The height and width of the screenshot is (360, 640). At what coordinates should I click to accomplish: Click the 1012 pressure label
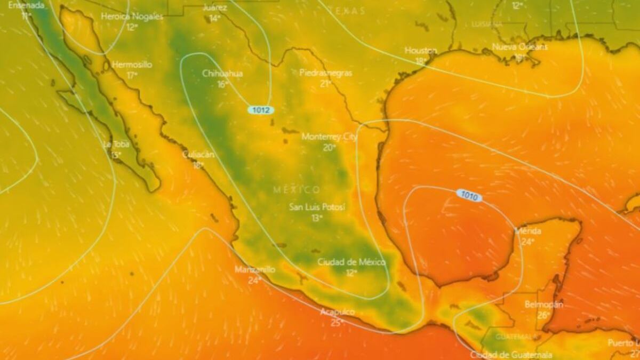[x=260, y=110]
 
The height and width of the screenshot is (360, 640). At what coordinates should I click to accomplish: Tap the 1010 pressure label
[x=469, y=196]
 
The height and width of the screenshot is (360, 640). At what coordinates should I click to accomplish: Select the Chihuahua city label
[x=222, y=74]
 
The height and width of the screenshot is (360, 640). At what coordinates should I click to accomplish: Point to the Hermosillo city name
[x=132, y=65]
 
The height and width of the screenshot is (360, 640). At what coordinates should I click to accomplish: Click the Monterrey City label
[x=329, y=137]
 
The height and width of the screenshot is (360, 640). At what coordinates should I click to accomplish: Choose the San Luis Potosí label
[x=317, y=206]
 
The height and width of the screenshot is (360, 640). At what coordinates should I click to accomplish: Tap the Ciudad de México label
[x=351, y=262]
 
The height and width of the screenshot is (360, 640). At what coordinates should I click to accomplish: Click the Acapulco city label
[x=338, y=311]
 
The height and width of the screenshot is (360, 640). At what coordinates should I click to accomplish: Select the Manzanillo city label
[x=255, y=269]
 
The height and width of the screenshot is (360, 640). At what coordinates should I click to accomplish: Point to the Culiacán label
[x=198, y=154]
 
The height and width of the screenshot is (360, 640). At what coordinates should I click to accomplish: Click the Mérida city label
[x=528, y=231]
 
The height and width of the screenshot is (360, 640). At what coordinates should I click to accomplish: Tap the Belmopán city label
[x=543, y=304]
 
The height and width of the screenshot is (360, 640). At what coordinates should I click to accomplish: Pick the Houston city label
[x=421, y=50]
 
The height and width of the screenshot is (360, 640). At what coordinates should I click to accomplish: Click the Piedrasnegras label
[x=325, y=73]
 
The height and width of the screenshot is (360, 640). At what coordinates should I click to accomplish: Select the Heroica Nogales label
[x=132, y=17]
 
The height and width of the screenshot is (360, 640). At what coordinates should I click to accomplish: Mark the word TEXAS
[x=347, y=10]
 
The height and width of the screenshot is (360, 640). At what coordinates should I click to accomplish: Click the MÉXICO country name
[x=297, y=189]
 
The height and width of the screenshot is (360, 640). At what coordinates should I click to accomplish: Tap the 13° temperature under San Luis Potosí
[x=317, y=218]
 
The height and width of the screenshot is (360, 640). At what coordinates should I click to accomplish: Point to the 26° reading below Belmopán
[x=543, y=315]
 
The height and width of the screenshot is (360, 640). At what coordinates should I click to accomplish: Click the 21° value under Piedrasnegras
[x=325, y=84]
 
